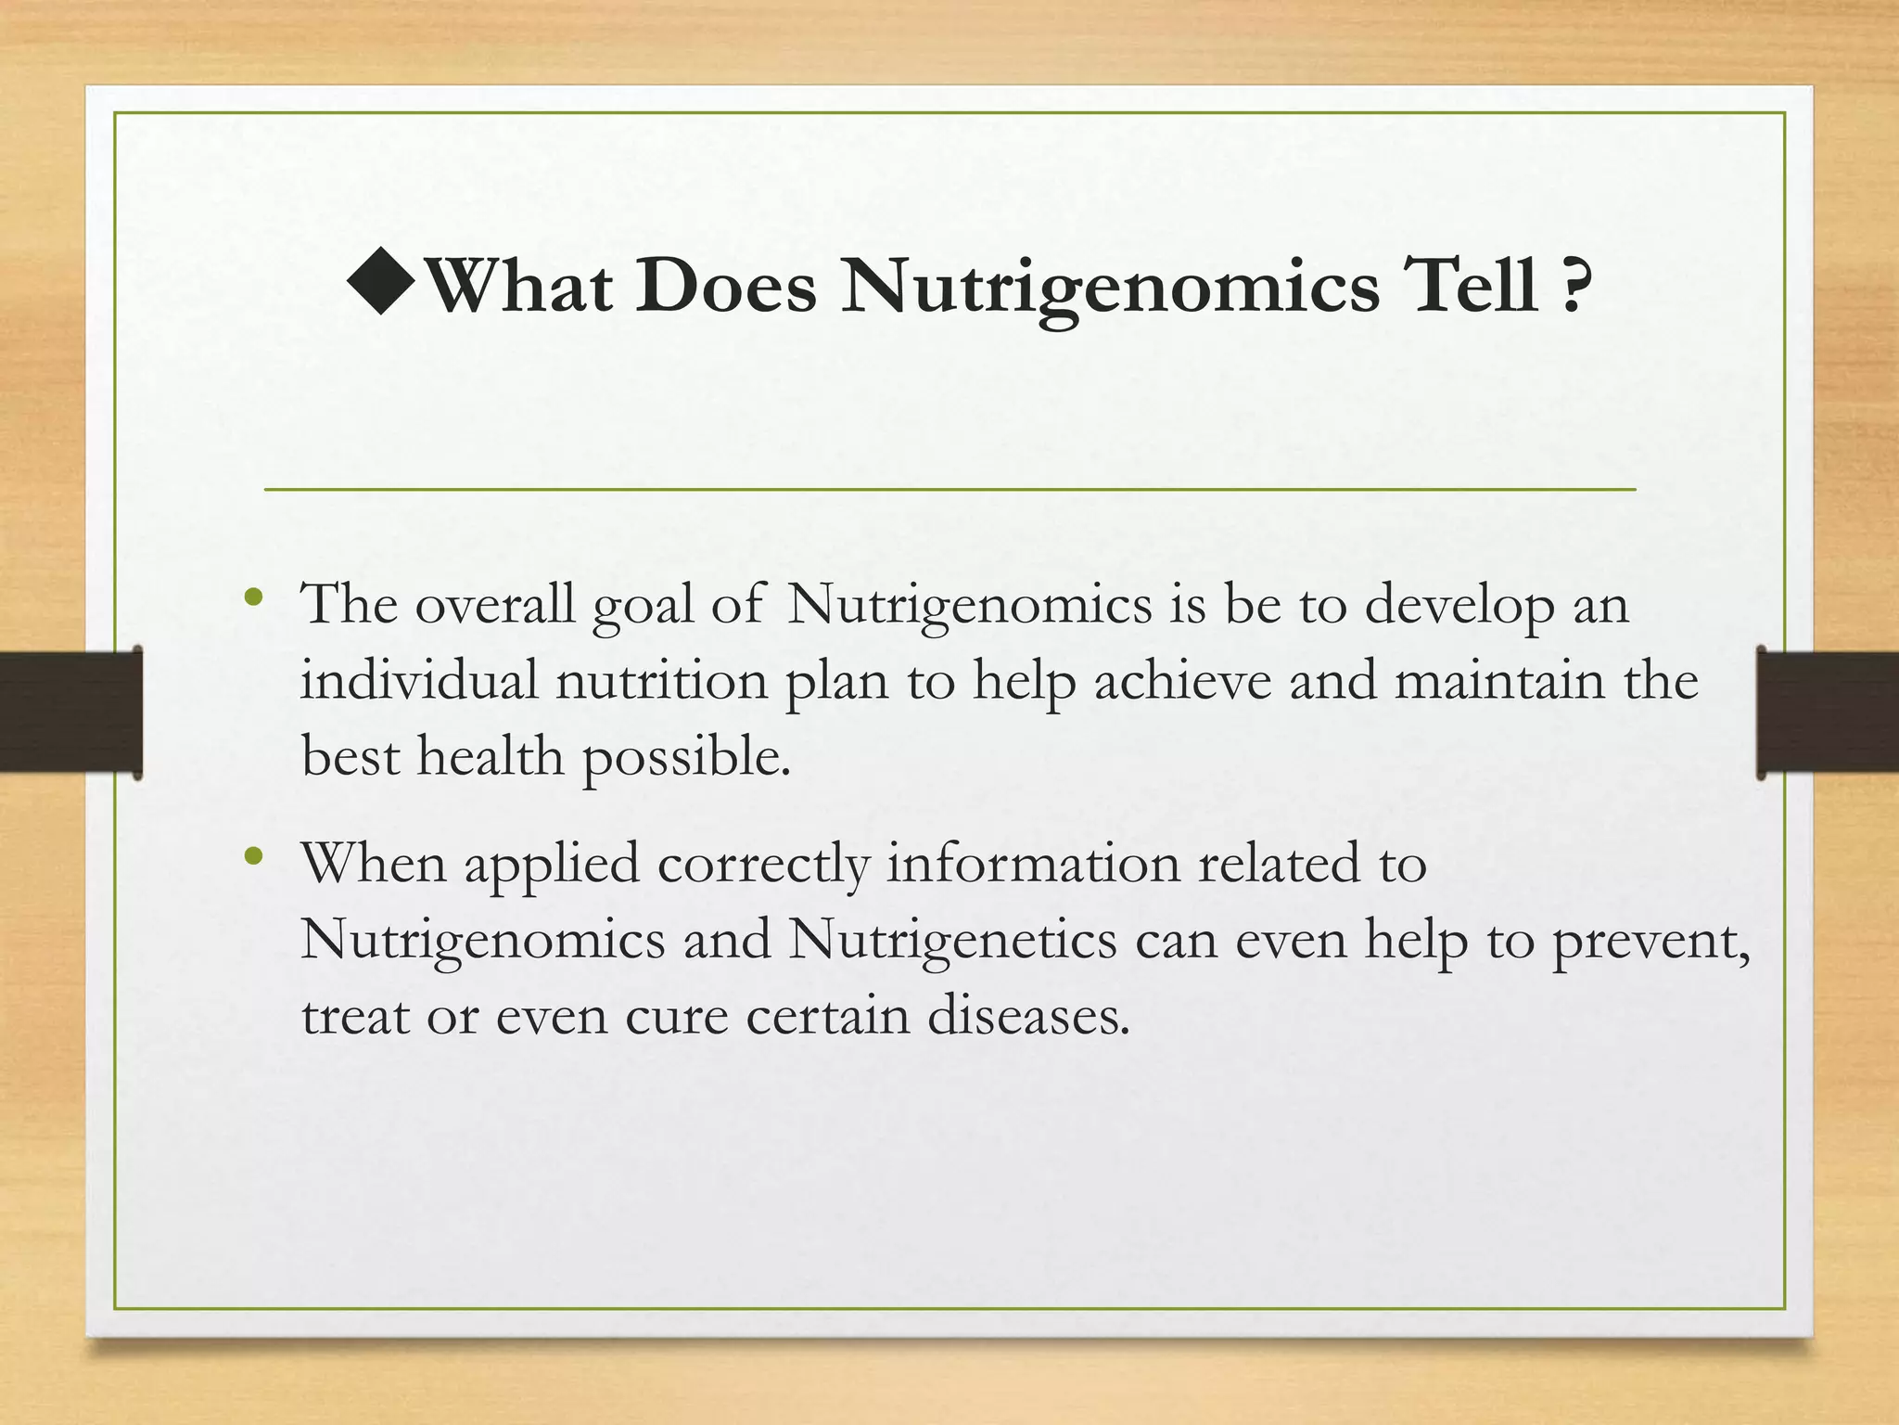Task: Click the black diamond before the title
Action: coord(381,283)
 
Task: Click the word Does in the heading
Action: coord(726,287)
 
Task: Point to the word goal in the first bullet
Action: coord(643,608)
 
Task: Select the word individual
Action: coord(418,681)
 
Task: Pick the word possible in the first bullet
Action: coord(686,759)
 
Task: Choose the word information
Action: coord(1033,864)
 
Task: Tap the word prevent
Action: coord(1650,943)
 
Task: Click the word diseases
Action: coord(1029,1016)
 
